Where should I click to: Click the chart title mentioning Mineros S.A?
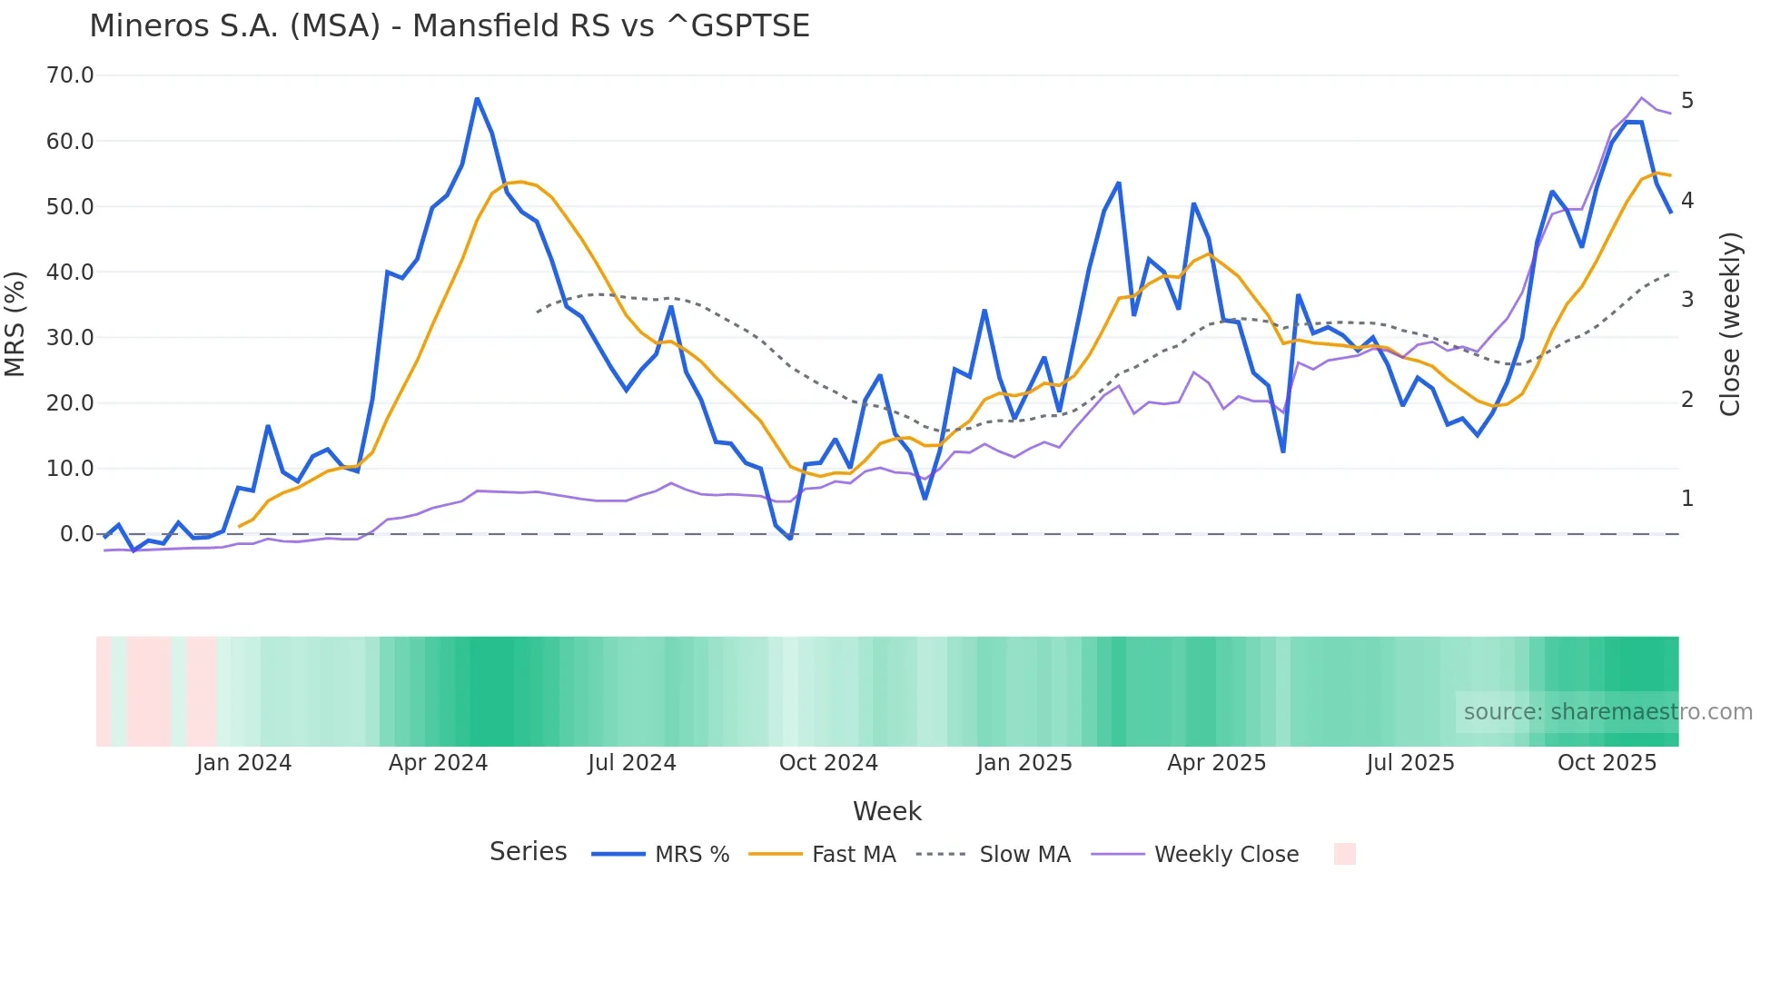click(449, 26)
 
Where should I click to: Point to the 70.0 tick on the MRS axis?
click(70, 75)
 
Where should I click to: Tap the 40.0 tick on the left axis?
click(70, 272)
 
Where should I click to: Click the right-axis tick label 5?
click(1687, 101)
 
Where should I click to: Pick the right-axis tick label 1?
click(1687, 499)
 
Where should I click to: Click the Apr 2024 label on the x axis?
click(438, 763)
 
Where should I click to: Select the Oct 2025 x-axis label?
click(1607, 763)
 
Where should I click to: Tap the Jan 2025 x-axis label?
click(1024, 763)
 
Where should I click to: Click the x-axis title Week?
click(886, 811)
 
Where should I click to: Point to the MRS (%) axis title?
click(15, 324)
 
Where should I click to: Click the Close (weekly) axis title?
click(1730, 324)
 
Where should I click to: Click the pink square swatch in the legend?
click(1344, 854)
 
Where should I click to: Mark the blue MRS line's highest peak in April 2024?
click(477, 99)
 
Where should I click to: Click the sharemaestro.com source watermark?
click(1607, 712)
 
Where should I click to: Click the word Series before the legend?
click(528, 852)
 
